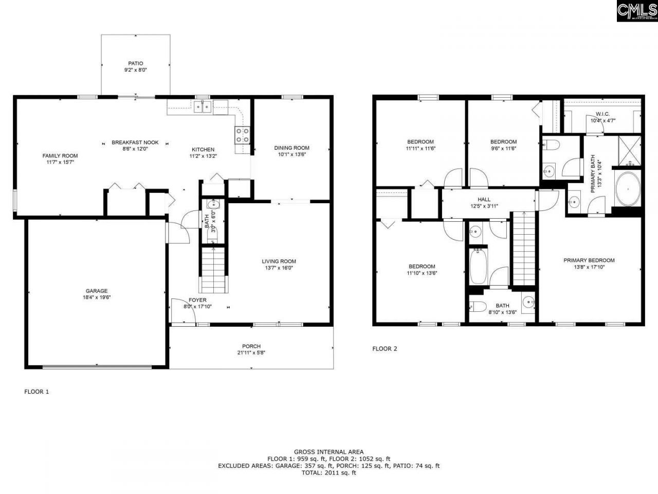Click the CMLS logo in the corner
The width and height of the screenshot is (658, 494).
636,10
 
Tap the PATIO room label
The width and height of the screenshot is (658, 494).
136,63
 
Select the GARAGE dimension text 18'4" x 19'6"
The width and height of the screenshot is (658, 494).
97,297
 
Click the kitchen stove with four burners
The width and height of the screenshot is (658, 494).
243,135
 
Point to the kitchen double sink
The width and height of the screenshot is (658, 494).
203,107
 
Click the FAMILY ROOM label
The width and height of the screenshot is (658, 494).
60,156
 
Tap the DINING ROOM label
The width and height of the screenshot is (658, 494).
291,148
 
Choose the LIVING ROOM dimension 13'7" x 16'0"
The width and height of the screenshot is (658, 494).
279,268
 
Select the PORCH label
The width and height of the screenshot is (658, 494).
251,346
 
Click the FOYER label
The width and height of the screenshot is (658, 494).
197,300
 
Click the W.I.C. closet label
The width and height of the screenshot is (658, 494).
603,114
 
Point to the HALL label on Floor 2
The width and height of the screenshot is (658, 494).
484,200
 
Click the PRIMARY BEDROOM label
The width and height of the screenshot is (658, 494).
589,260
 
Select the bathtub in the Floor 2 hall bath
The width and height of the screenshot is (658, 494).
479,266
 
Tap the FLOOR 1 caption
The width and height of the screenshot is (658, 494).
36,392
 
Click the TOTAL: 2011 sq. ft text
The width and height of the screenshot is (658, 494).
328,473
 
